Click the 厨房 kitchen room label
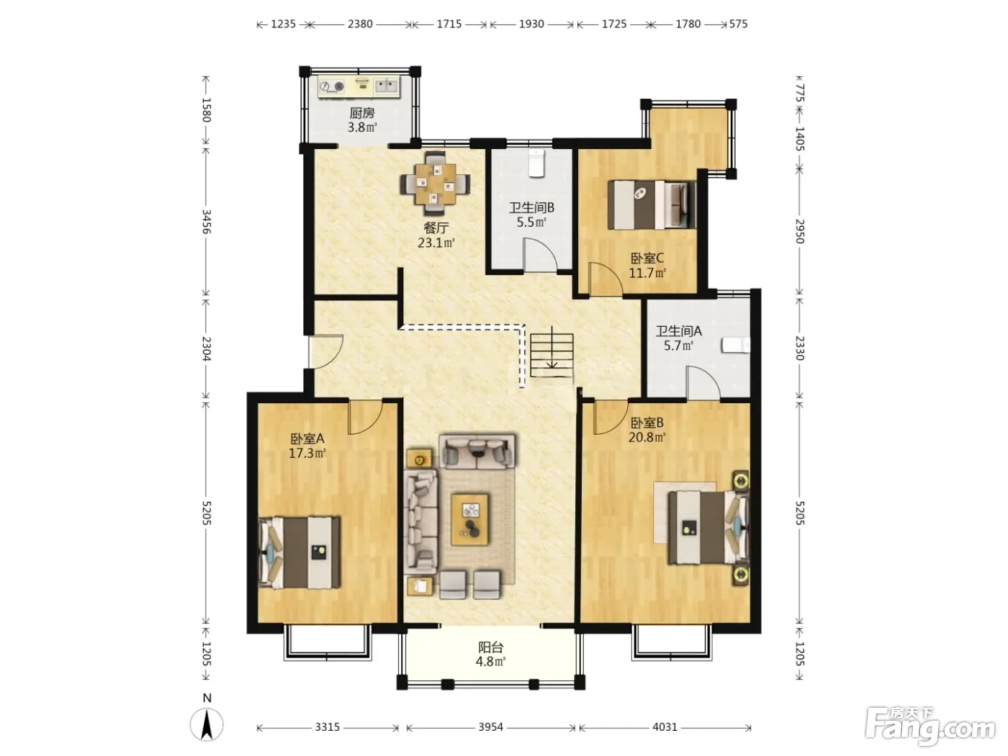(362, 113)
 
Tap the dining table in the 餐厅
(435, 184)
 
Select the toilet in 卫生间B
(536, 163)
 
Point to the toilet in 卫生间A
(736, 345)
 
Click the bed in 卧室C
(652, 204)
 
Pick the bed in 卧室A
(300, 553)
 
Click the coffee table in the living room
(469, 519)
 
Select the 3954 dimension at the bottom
(490, 726)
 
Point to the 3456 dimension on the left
(206, 222)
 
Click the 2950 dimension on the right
(799, 231)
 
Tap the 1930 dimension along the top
(531, 24)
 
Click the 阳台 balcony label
(491, 647)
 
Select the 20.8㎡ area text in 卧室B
(647, 437)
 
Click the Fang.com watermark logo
(930, 727)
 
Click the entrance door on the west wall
(325, 351)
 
